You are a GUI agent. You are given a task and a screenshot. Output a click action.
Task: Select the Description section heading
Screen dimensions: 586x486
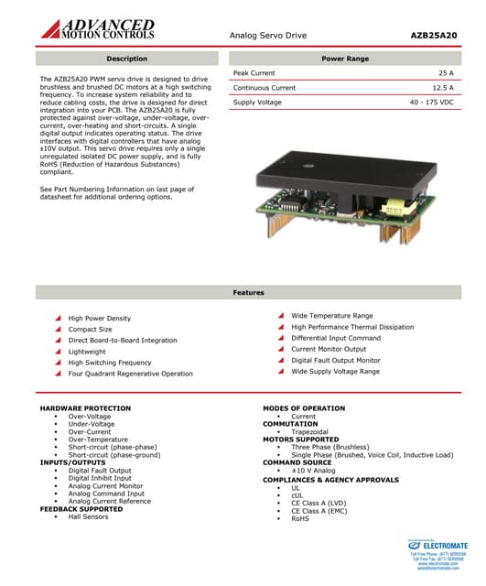coord(127,59)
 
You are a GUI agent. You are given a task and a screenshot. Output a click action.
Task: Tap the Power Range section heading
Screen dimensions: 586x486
coord(345,59)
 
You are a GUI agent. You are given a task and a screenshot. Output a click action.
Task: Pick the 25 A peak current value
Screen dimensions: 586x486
coord(446,72)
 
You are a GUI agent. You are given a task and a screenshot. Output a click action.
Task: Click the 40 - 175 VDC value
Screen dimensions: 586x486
coord(431,103)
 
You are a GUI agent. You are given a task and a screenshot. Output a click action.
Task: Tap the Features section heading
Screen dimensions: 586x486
coord(248,293)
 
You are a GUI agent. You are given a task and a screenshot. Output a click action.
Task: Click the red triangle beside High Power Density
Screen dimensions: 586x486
coord(58,319)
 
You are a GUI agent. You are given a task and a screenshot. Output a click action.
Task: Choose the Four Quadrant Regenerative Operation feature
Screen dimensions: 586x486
coord(130,374)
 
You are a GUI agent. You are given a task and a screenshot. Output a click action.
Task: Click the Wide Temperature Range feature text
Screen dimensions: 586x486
coord(331,316)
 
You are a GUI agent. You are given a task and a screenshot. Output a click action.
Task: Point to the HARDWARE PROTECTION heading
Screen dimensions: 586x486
coord(85,408)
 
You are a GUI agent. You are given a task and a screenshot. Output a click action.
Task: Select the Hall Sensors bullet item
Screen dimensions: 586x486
coord(88,516)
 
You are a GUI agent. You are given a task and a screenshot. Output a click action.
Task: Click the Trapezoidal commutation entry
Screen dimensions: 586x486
coord(309,431)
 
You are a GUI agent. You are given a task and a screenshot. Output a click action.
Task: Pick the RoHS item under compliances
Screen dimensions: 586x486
coord(300,518)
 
